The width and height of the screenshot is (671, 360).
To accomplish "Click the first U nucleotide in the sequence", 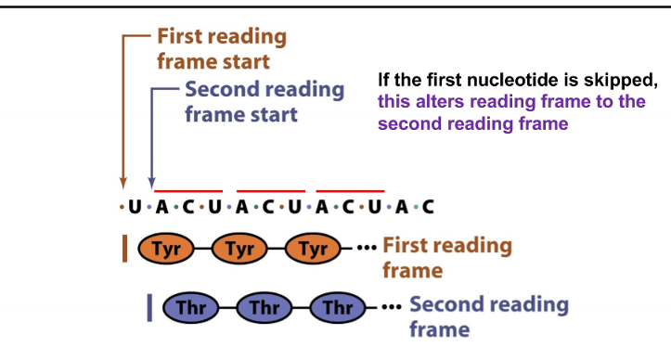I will (x=135, y=207).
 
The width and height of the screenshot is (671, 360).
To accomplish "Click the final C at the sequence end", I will (x=428, y=207).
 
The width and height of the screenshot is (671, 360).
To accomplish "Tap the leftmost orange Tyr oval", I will (x=165, y=249).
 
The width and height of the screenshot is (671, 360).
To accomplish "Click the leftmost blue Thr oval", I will (x=190, y=307).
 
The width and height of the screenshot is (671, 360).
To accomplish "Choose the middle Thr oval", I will (x=264, y=307).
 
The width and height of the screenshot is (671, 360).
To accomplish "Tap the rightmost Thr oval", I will (x=338, y=307).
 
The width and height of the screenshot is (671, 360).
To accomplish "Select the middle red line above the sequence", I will (x=269, y=190).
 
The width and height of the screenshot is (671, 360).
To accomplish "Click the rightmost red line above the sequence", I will (x=350, y=190).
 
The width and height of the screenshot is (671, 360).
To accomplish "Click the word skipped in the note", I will (x=621, y=81).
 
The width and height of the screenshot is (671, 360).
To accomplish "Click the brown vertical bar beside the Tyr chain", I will (x=124, y=249).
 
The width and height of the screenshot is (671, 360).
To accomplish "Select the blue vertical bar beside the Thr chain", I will (x=149, y=307).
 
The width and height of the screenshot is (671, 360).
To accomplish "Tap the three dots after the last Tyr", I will (x=368, y=249).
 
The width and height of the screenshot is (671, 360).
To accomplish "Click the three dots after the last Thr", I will (x=393, y=307).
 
